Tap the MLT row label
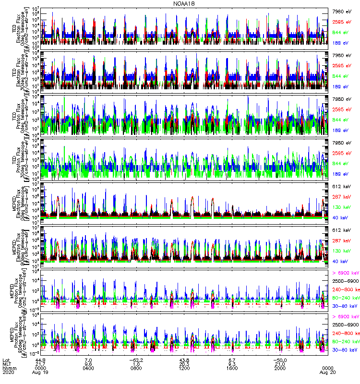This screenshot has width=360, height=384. pyautogui.click(x=6, y=363)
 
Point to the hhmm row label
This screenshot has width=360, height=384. pyautogui.click(x=8, y=368)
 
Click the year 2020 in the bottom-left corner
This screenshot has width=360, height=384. pyautogui.click(x=8, y=372)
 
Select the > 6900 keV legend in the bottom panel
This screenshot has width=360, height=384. pyautogui.click(x=346, y=316)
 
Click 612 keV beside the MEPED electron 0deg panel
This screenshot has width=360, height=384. pyautogui.click(x=342, y=185)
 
